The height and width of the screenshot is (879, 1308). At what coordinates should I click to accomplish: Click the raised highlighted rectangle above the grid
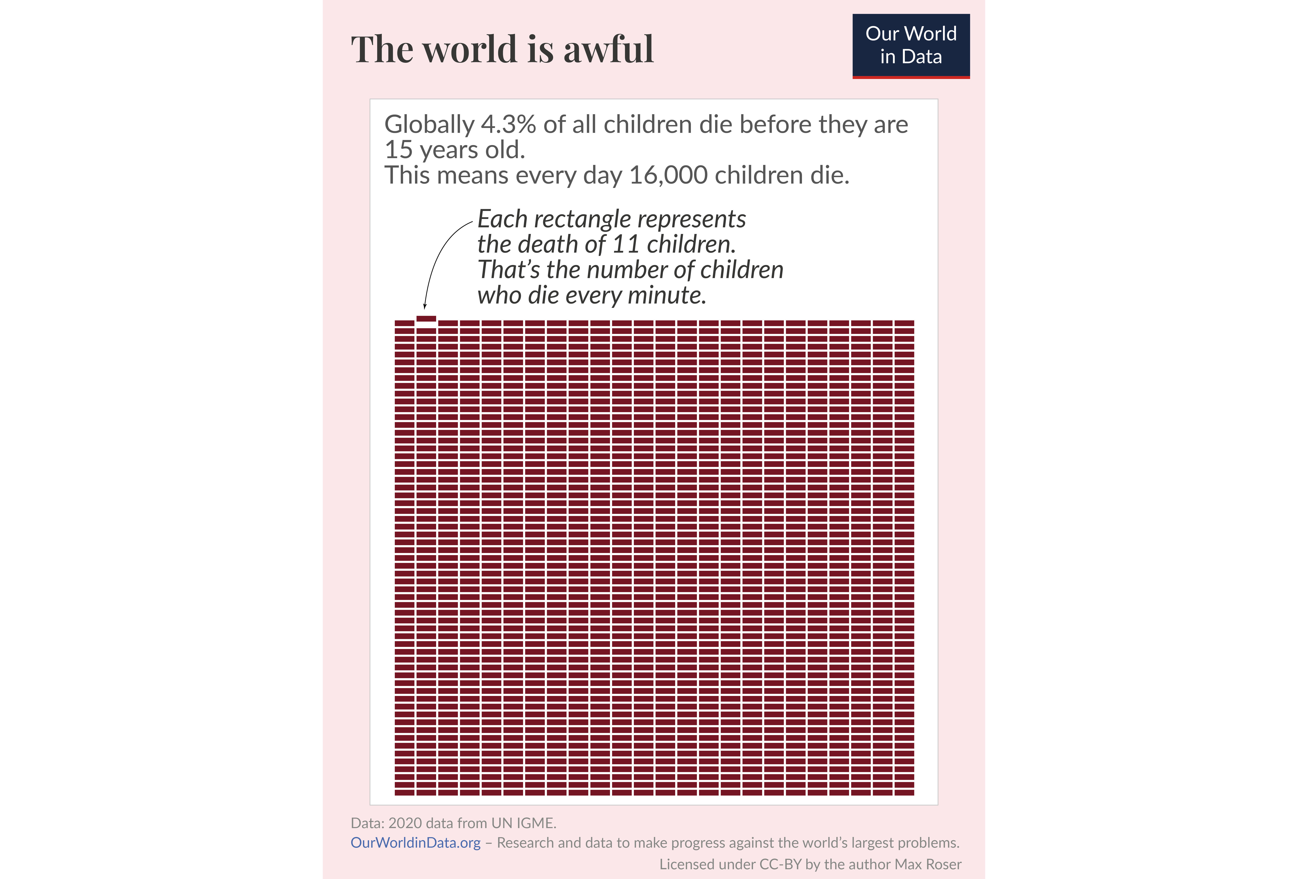(x=426, y=318)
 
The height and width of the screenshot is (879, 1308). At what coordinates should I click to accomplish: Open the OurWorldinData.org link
(x=415, y=843)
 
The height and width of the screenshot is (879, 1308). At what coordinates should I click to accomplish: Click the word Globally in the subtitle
(x=429, y=124)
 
